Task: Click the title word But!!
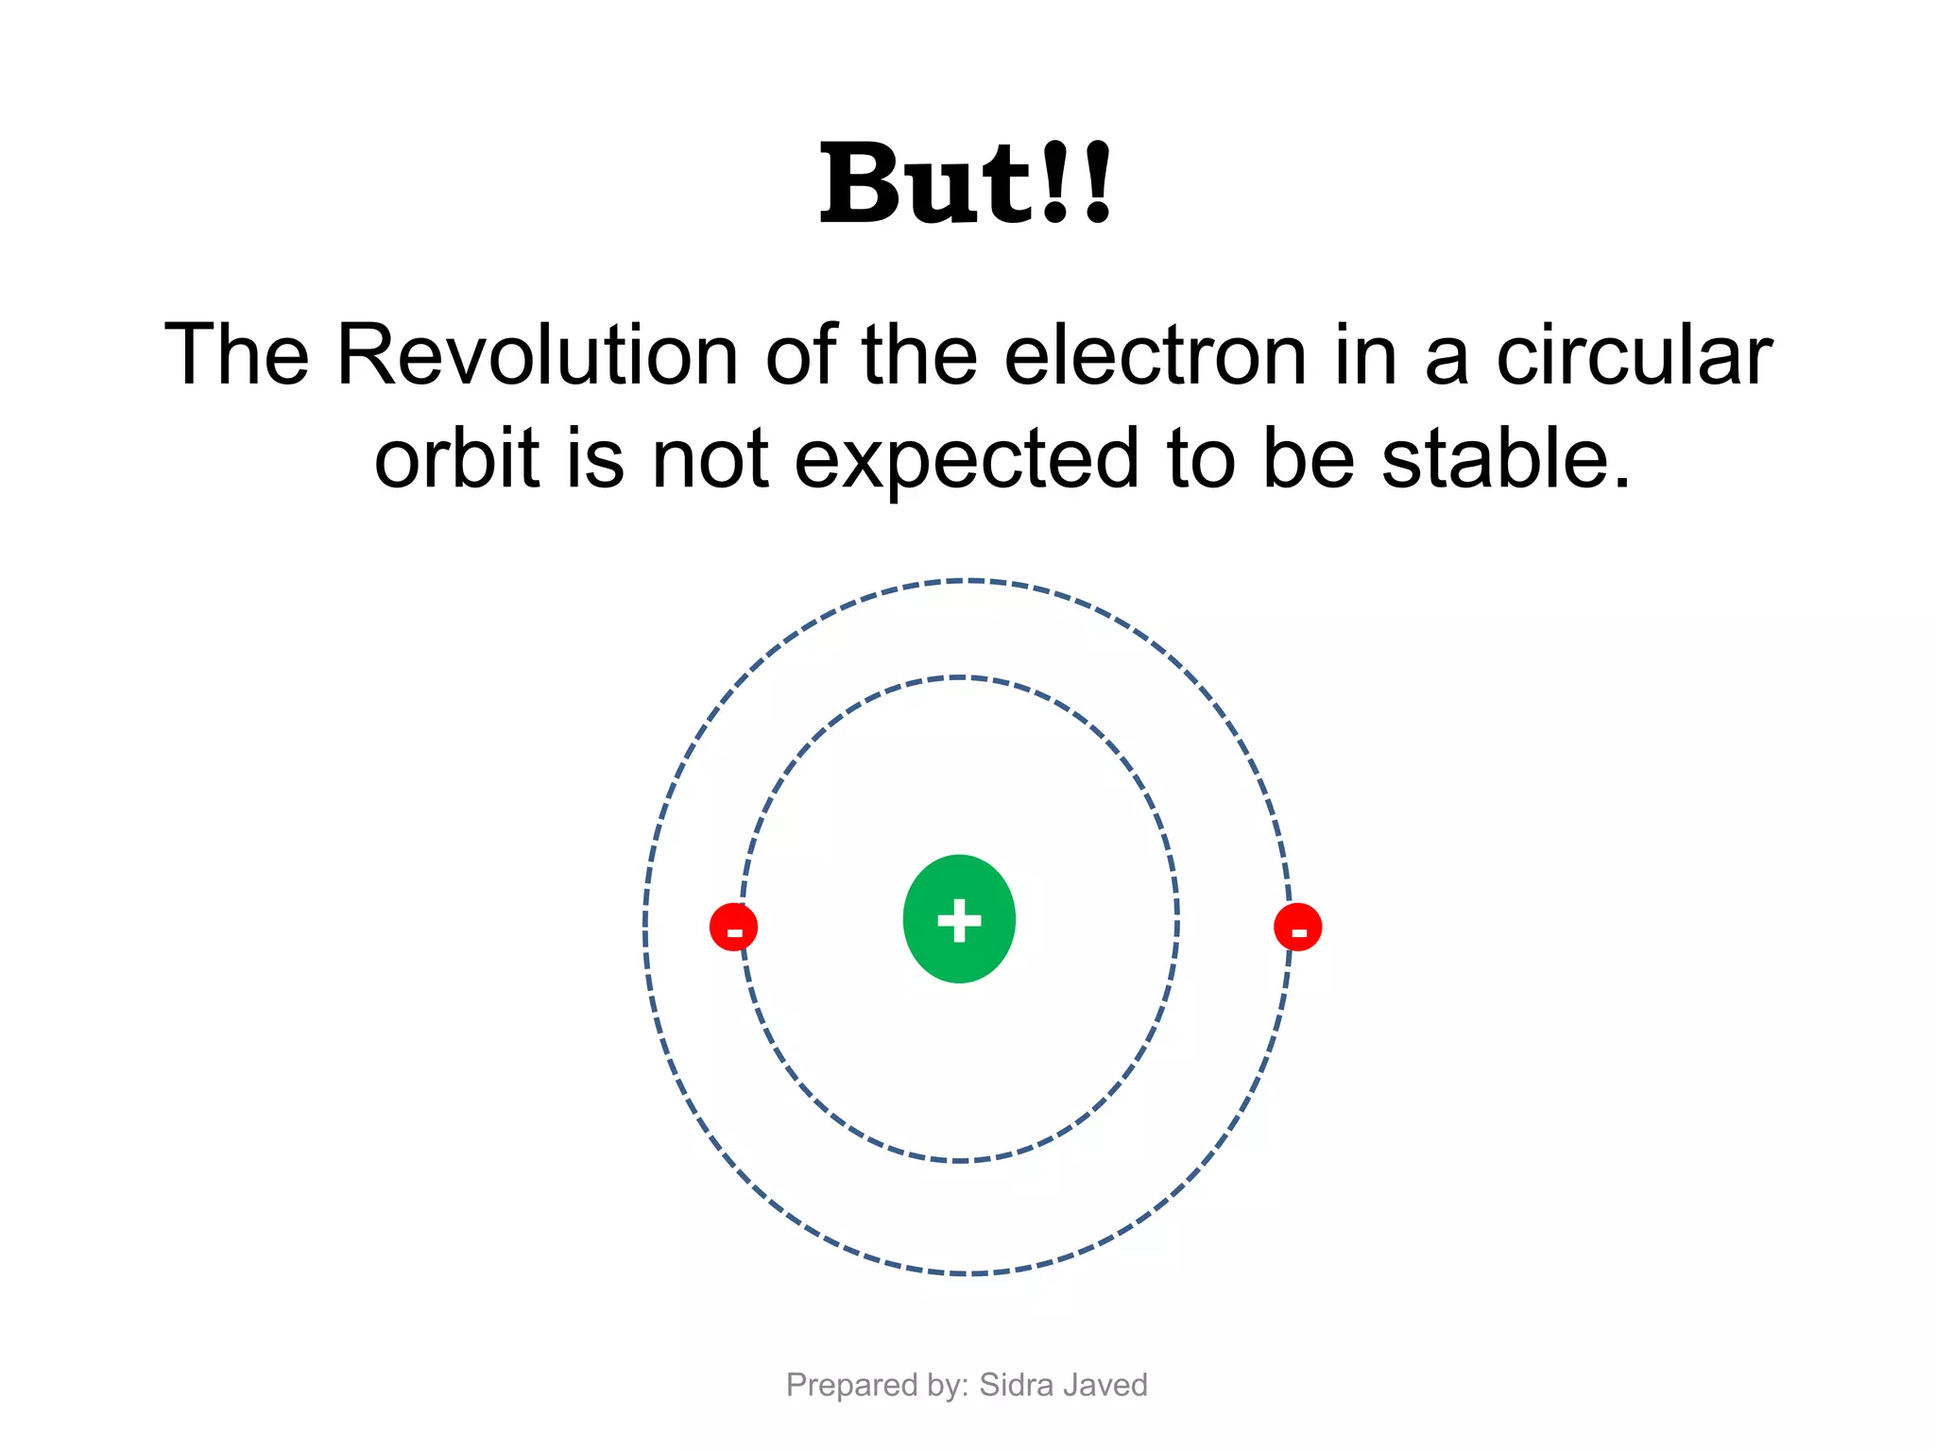coord(966,183)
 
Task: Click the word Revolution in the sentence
coord(537,355)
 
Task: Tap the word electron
coord(1155,355)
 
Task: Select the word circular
coord(1634,355)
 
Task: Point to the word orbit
coord(456,459)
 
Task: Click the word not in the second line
coord(710,459)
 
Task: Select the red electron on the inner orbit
coord(733,927)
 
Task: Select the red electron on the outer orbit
coord(1297,927)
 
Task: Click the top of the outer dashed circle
coord(967,580)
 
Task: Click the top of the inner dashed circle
coord(959,677)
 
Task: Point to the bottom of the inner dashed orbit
coord(959,1160)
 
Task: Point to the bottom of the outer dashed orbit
coord(967,1274)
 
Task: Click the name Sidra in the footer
coord(1016,1385)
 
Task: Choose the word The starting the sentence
coord(237,355)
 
